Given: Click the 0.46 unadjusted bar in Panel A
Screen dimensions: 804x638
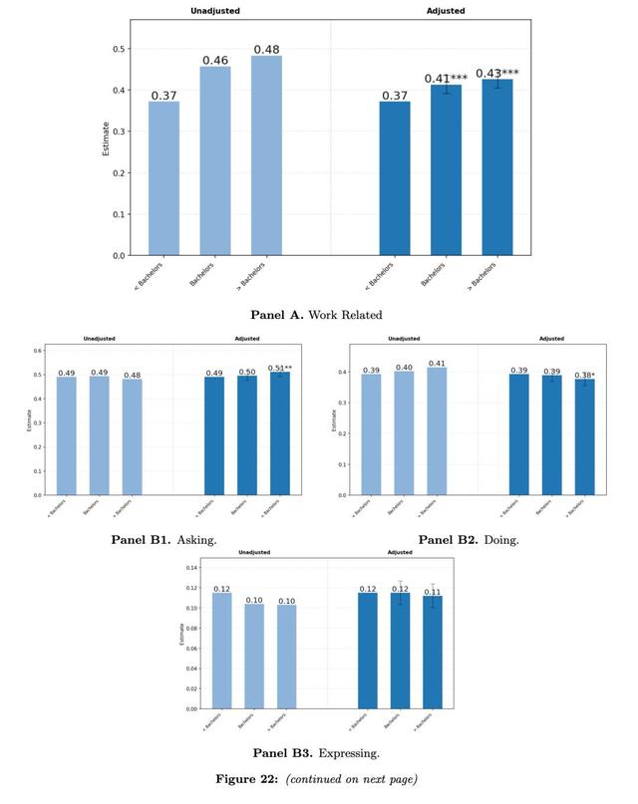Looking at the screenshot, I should [215, 159].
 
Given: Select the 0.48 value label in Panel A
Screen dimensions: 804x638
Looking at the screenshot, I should [266, 49].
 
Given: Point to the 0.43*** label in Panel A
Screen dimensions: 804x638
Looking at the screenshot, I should [497, 73].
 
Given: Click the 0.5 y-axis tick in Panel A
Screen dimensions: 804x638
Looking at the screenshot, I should [119, 49].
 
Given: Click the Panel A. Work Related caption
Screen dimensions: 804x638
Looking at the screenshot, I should [318, 315].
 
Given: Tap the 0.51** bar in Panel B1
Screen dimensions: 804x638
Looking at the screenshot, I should [280, 433].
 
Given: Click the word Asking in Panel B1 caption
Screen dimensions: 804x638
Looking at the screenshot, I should [197, 540].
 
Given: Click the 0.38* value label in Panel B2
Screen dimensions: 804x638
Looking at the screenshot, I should [585, 375].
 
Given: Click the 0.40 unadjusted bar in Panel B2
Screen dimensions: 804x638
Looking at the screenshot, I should [403, 433].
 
